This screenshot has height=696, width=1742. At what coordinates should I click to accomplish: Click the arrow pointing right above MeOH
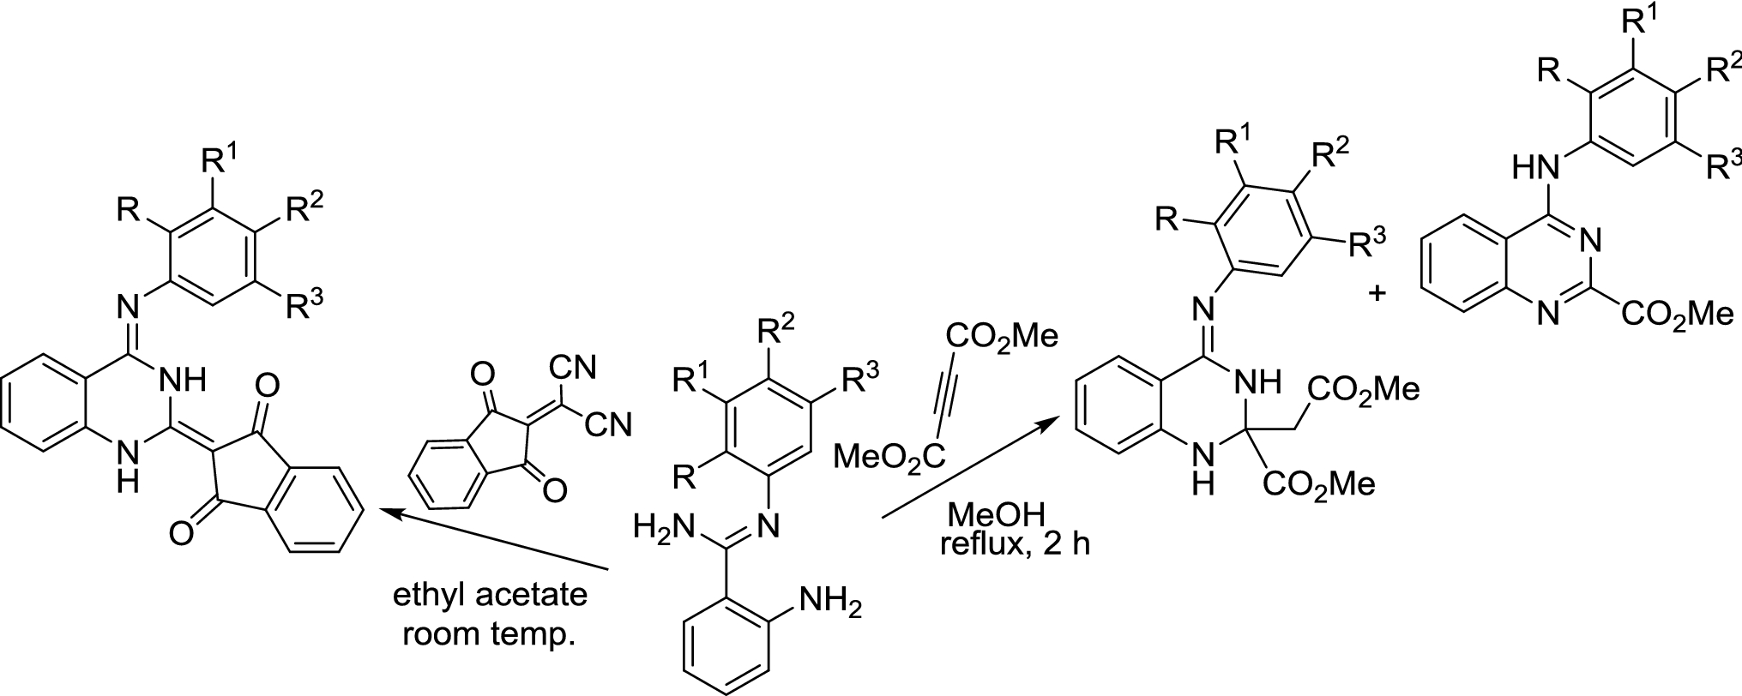click(x=969, y=470)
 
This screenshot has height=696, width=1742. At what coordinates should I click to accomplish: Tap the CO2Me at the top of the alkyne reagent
click(x=1002, y=333)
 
